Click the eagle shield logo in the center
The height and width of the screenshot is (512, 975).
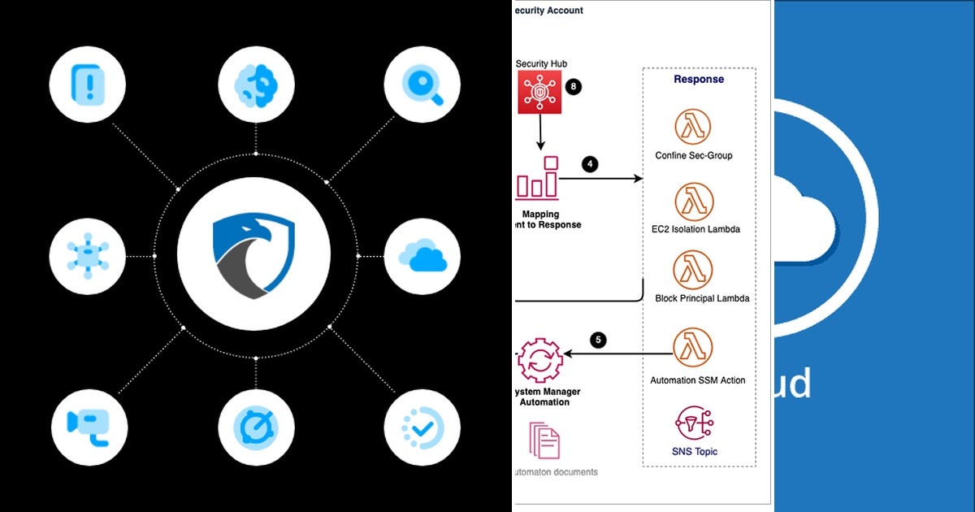point(253,254)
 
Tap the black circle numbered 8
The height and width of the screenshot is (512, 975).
point(574,86)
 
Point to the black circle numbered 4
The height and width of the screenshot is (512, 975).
point(591,163)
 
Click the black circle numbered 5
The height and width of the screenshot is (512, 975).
point(599,341)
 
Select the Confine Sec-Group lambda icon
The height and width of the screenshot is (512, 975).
point(693,128)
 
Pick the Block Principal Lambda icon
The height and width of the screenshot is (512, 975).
point(693,270)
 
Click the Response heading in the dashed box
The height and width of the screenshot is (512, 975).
point(699,80)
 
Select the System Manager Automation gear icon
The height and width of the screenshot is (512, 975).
point(539,360)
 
